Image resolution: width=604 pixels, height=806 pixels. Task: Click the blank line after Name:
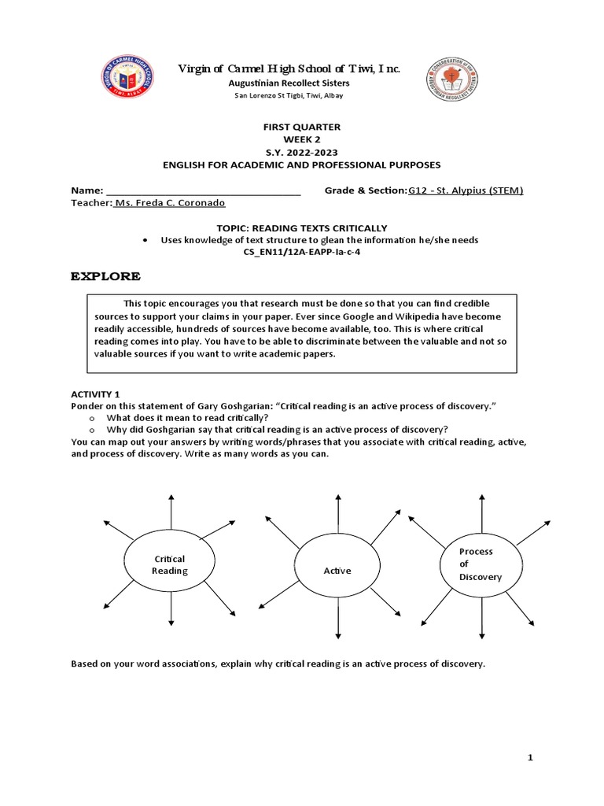click(203, 190)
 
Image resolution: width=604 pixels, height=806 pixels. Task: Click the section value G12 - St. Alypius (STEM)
click(466, 190)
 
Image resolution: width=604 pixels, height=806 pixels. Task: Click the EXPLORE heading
click(106, 276)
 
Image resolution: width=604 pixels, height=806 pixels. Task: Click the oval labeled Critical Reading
click(169, 564)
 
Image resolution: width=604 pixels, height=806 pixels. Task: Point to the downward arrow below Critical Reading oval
click(169, 610)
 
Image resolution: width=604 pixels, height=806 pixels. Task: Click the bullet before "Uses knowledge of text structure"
click(147, 240)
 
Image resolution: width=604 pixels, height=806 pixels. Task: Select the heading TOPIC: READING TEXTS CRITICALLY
click(301, 227)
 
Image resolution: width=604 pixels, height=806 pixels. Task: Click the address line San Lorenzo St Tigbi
click(289, 95)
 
